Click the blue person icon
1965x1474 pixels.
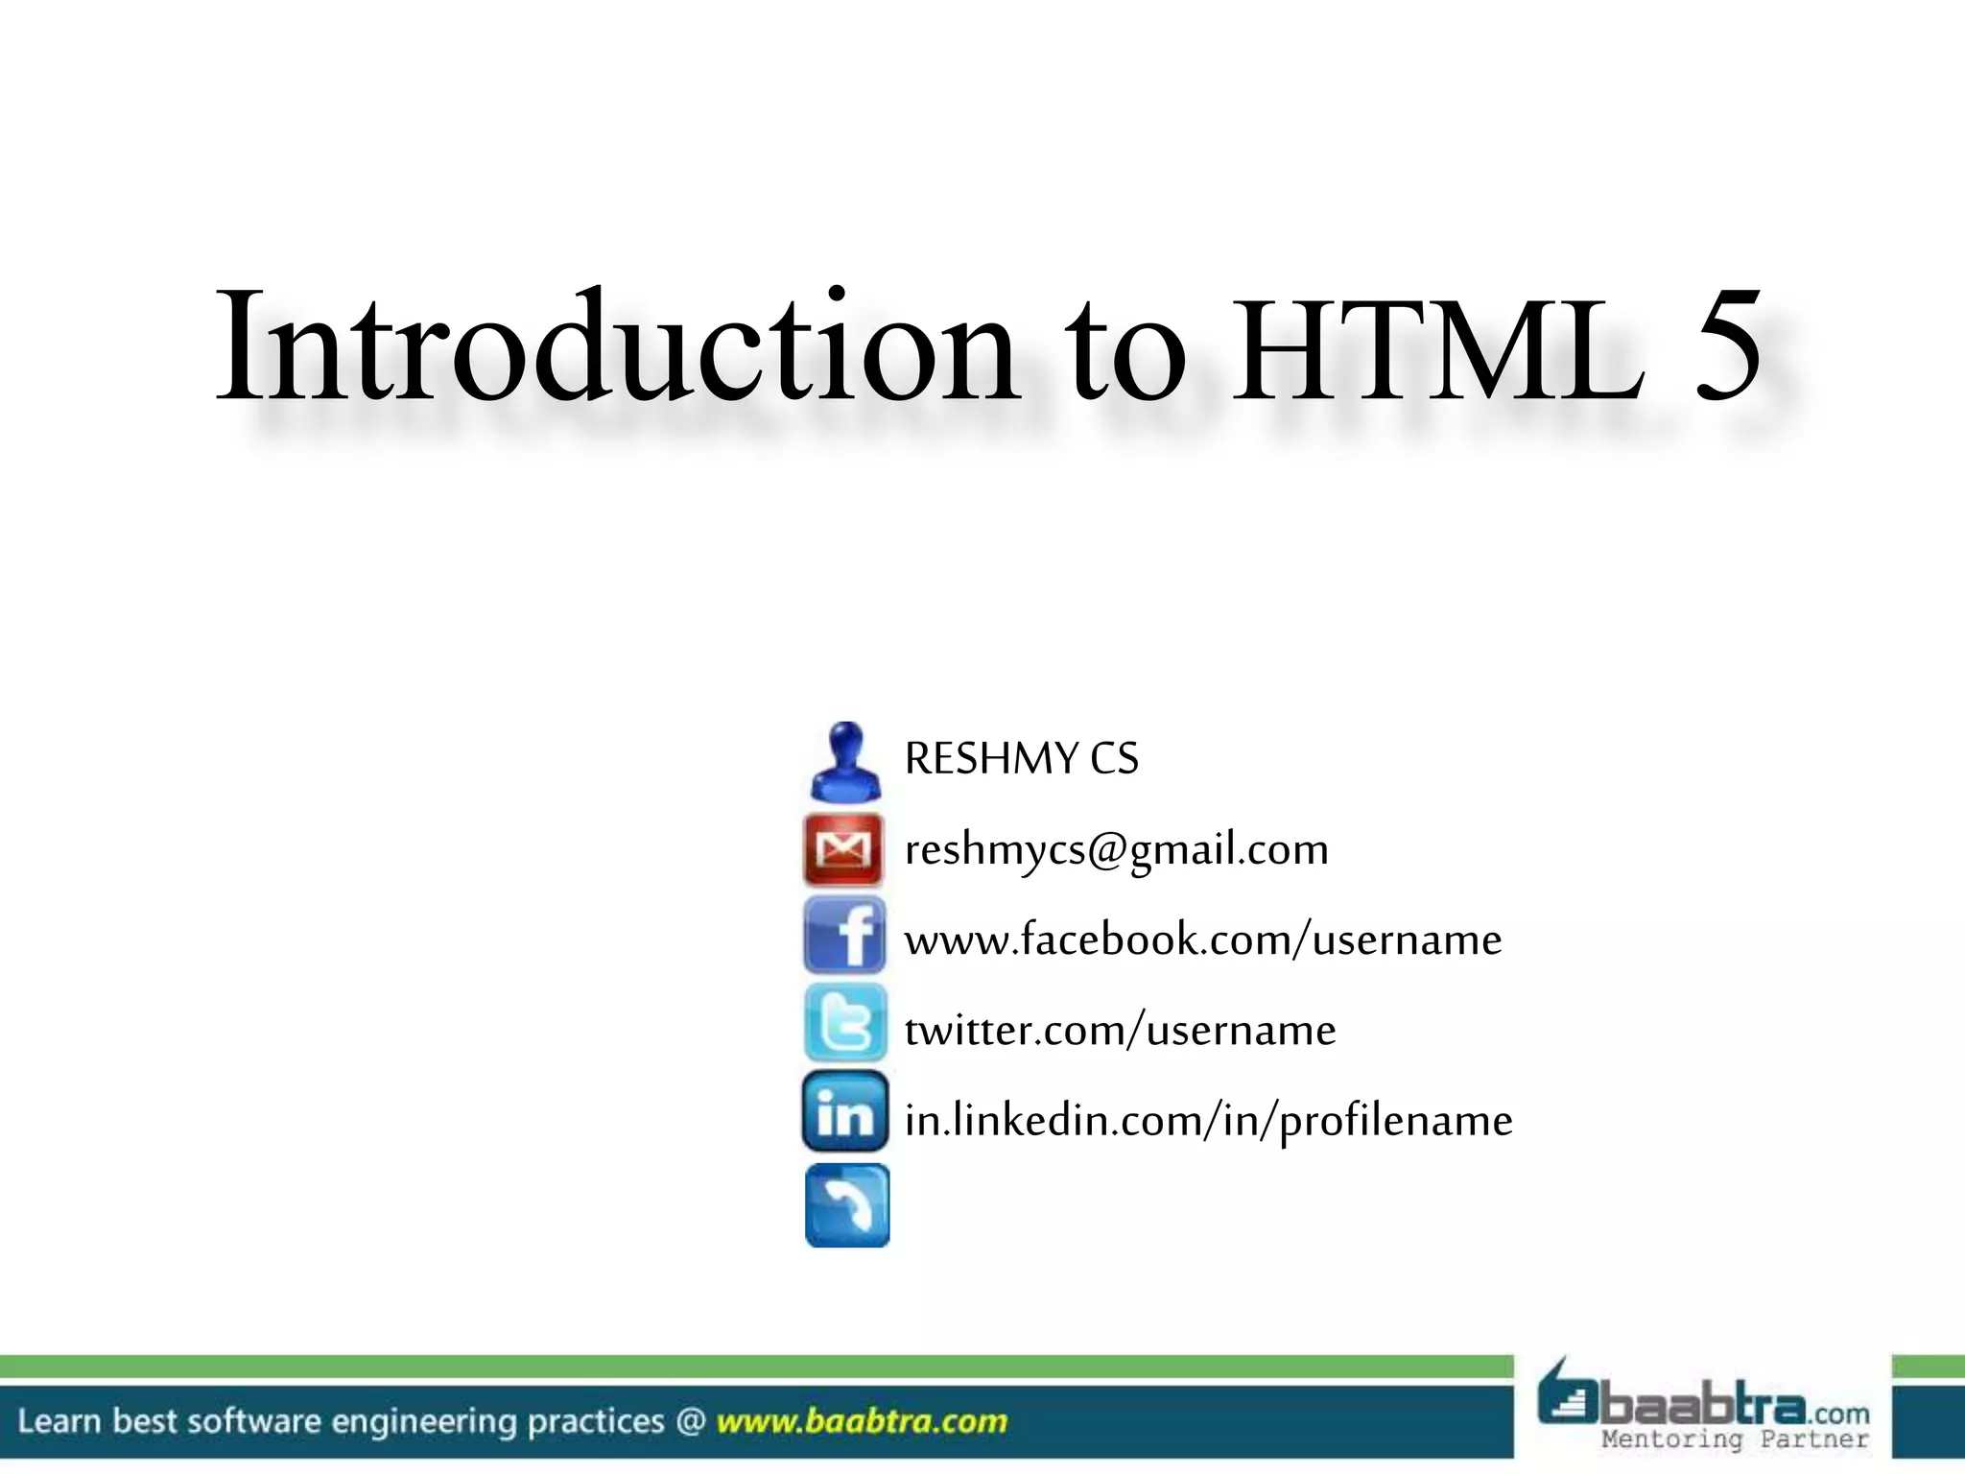click(844, 762)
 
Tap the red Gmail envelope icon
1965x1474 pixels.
click(843, 849)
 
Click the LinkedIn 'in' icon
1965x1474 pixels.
click(845, 1113)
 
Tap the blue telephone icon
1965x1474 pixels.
click(846, 1205)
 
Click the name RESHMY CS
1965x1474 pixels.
click(1021, 759)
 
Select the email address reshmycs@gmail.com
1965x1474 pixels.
click(1116, 850)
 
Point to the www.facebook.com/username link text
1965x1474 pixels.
click(1202, 939)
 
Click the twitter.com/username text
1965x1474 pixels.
click(1120, 1031)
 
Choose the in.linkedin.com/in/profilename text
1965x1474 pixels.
click(1208, 1121)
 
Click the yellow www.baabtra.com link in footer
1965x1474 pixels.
click(862, 1421)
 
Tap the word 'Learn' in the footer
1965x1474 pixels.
click(59, 1421)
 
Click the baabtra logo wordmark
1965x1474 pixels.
click(1703, 1407)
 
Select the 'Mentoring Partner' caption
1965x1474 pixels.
click(1735, 1439)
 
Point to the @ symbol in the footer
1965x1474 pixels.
click(690, 1421)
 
